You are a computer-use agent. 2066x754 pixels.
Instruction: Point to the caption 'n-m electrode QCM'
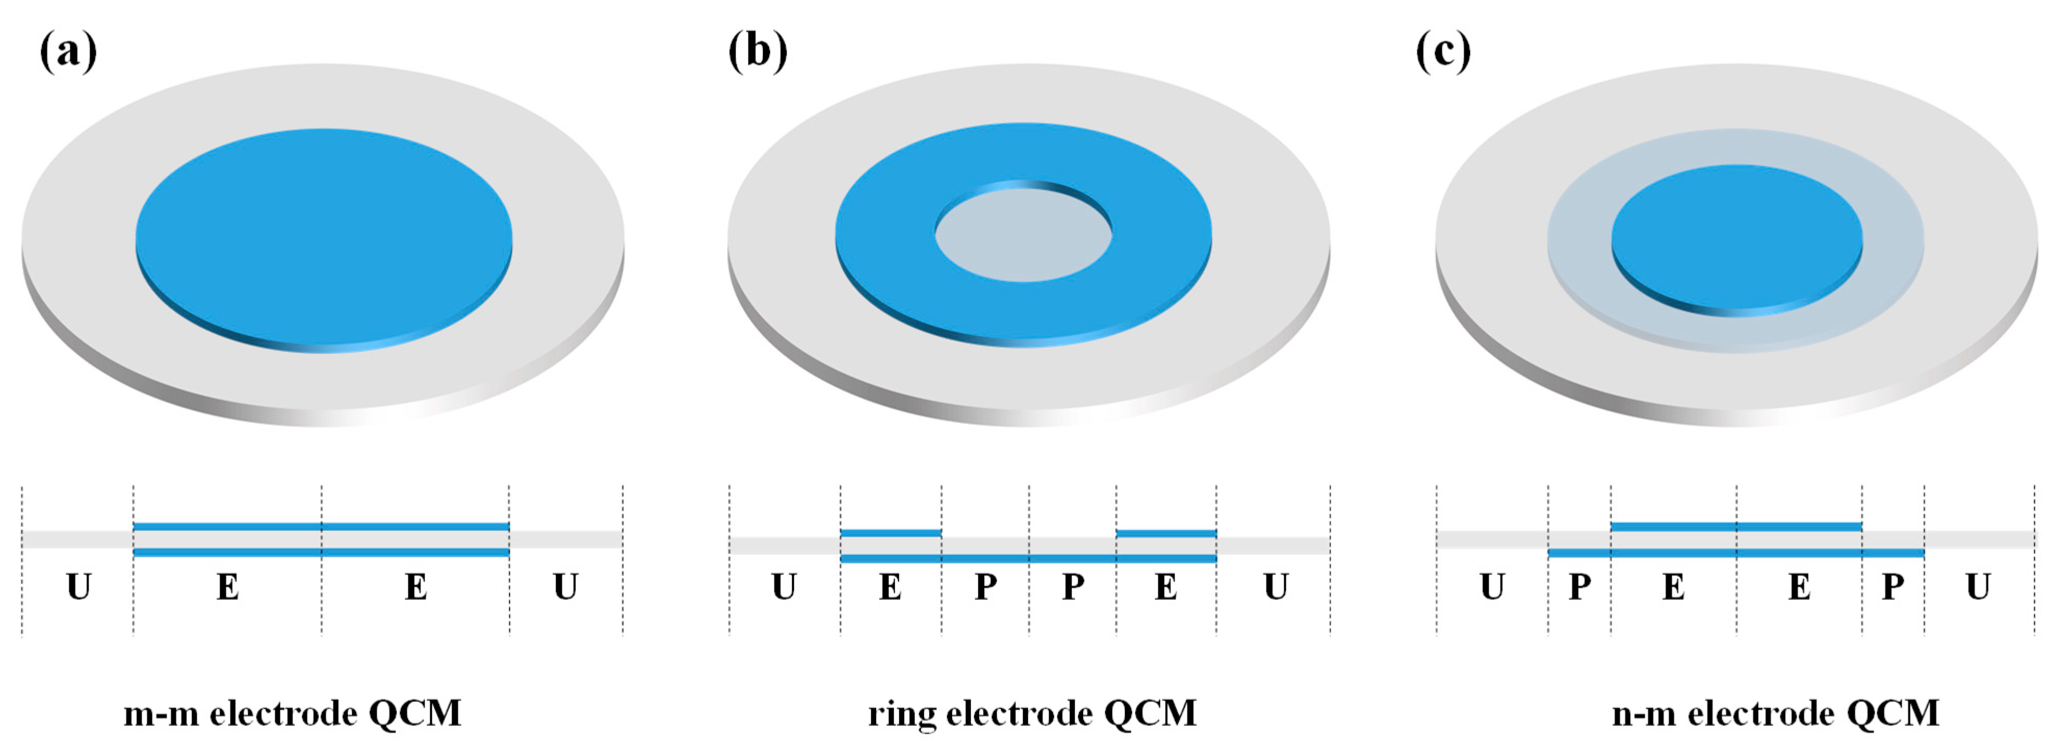1775,713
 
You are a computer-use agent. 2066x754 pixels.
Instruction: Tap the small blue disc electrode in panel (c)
1736,237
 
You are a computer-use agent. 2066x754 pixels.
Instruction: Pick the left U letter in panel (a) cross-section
79,587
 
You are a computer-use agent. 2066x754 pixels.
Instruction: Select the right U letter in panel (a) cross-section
565,587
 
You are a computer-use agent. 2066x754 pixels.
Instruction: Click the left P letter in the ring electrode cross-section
986,587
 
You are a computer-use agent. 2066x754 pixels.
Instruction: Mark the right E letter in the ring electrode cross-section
1166,587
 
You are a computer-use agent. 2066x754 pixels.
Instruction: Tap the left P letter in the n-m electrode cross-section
1579,587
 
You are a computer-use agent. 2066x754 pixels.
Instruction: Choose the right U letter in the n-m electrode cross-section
1978,587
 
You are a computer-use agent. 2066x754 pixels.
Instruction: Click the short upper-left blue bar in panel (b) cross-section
890,532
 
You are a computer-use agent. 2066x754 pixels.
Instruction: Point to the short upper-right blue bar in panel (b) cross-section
1166,532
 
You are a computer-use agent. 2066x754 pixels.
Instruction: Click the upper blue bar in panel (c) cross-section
1736,527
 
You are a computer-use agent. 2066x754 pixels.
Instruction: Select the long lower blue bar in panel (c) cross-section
1736,553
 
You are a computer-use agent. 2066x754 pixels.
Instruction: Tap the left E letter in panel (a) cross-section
228,587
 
